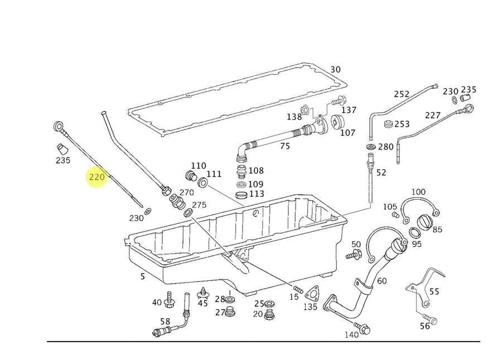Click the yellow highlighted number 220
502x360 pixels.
[x=96, y=177]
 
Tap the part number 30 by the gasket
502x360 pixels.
[x=335, y=70]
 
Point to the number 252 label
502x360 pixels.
[x=402, y=94]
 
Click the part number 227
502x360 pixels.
[x=433, y=116]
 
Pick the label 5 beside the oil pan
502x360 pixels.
[x=143, y=276]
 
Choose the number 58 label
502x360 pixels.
[x=165, y=321]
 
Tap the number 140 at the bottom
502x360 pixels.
[x=351, y=334]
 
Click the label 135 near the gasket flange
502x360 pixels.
[x=310, y=306]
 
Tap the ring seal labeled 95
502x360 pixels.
[x=414, y=232]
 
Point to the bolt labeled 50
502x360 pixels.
[x=353, y=256]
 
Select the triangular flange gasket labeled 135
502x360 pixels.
[x=313, y=294]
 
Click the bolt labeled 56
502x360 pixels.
[x=433, y=321]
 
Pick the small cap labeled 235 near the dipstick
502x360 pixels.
[x=62, y=149]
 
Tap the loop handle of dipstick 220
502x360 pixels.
[x=59, y=126]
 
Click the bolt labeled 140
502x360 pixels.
[x=365, y=330]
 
